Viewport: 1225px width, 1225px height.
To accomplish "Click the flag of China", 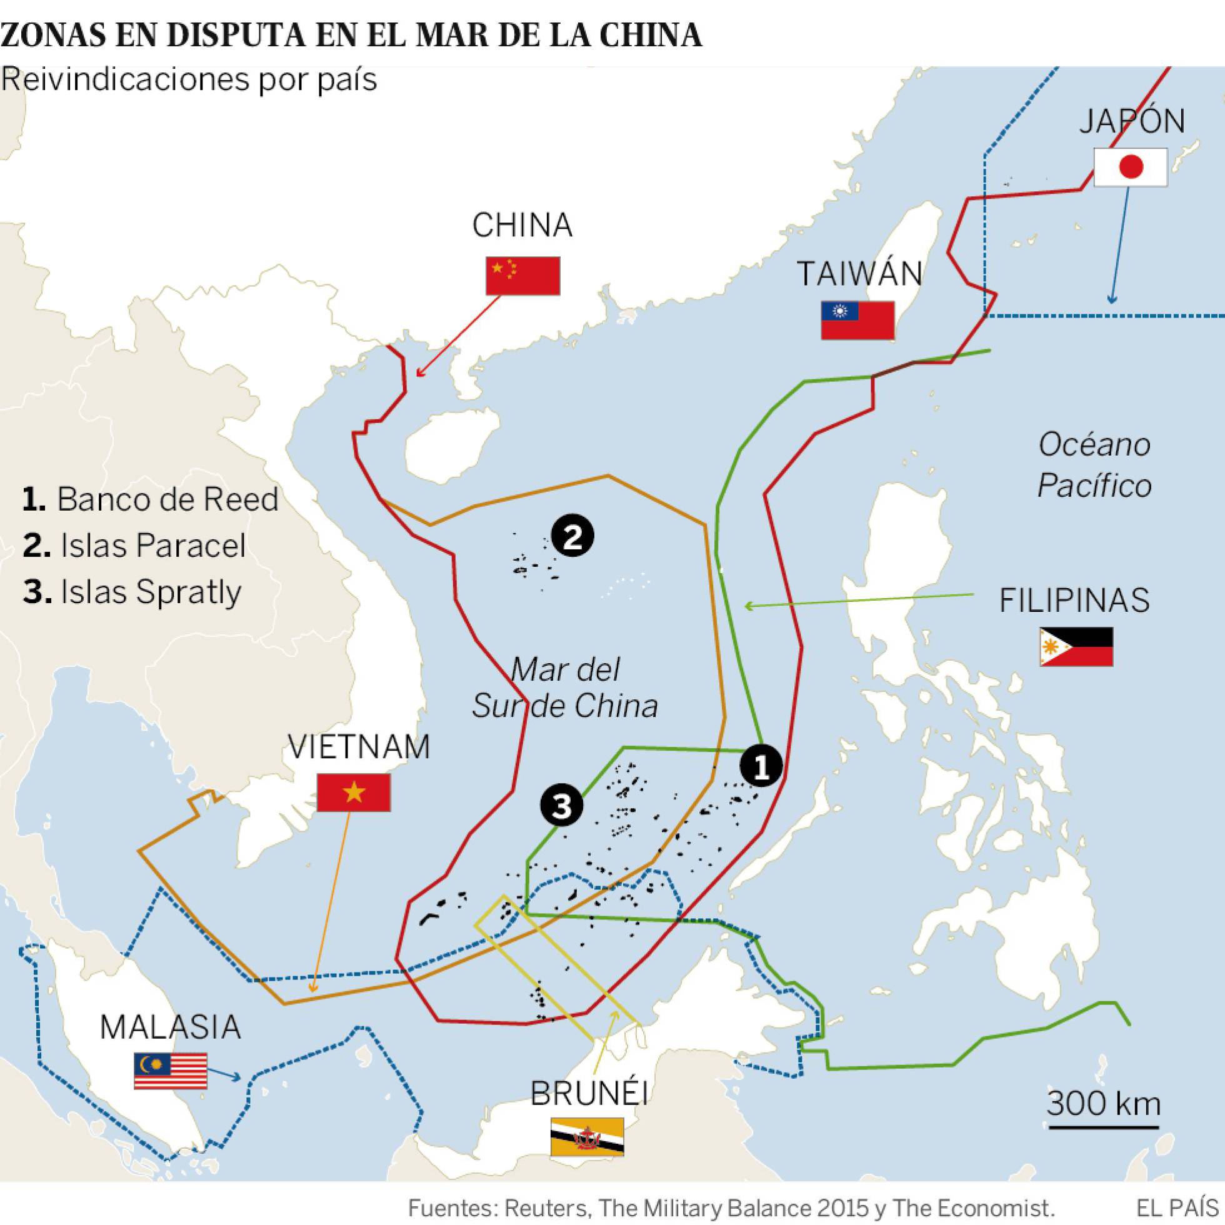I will click(522, 276).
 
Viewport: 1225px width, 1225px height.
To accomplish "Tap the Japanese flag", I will click(1131, 167).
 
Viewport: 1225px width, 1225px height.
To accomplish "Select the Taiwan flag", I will click(857, 320).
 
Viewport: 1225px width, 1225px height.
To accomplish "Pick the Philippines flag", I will click(1076, 647).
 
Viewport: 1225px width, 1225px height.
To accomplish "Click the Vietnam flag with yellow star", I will click(353, 792).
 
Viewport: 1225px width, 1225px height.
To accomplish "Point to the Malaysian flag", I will click(170, 1071).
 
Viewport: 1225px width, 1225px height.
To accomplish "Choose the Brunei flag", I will click(586, 1137).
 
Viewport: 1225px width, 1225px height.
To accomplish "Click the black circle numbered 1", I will click(761, 766).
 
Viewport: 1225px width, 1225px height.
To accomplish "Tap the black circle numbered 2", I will click(572, 537).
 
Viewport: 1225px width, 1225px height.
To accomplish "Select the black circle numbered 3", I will click(562, 806).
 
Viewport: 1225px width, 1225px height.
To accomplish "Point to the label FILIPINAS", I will click(1074, 600).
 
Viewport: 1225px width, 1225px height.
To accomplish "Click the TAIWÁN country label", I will click(859, 274).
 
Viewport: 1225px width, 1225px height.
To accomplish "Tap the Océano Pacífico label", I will click(1094, 466).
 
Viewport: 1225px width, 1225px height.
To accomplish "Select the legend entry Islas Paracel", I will click(134, 545).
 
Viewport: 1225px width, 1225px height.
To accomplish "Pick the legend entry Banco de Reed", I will click(150, 499).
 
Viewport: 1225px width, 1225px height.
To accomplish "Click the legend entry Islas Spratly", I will click(132, 592).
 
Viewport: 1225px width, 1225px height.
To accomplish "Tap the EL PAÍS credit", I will click(1177, 1208).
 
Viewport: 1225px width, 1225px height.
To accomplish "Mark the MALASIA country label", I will click(171, 1027).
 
